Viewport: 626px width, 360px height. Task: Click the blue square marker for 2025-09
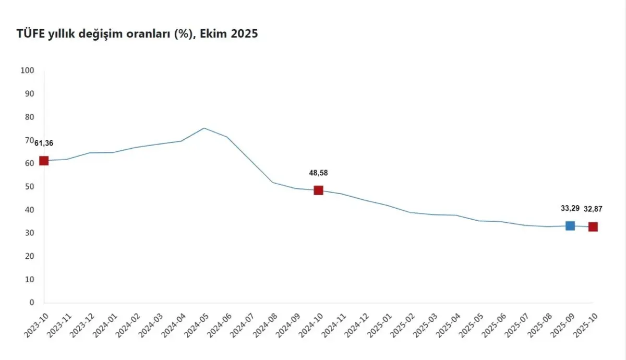[x=570, y=225]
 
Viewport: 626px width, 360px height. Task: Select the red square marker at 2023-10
[x=44, y=161]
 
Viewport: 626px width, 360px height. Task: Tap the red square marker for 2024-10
[x=318, y=190]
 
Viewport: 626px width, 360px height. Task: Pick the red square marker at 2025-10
[x=593, y=226]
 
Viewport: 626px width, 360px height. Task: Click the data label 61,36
[x=44, y=143]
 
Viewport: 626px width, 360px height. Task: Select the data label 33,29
[x=570, y=208]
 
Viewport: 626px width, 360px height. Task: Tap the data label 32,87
[x=593, y=209]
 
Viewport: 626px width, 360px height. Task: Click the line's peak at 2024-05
[x=204, y=128]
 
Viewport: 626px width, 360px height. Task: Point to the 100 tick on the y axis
[x=27, y=70]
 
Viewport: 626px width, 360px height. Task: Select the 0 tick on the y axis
[x=31, y=302]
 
